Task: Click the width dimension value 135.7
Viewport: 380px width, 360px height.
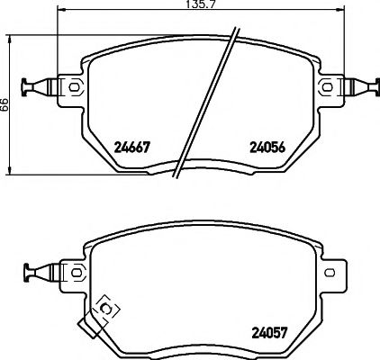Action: pyautogui.click(x=190, y=5)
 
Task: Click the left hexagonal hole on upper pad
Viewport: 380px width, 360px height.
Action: pyautogui.click(x=73, y=86)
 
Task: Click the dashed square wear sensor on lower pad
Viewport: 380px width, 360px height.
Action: pyautogui.click(x=106, y=309)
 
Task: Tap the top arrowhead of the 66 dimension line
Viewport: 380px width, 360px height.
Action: pyautogui.click(x=10, y=41)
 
